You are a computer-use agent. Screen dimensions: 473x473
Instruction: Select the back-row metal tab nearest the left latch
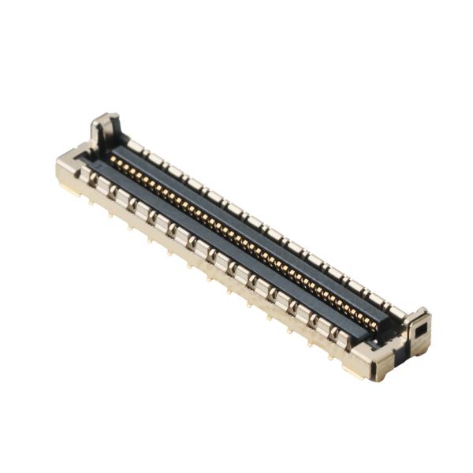(x=136, y=147)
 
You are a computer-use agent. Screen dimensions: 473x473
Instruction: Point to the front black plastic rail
(x=236, y=252)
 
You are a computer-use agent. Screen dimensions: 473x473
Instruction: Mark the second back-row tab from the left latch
(x=155, y=158)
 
